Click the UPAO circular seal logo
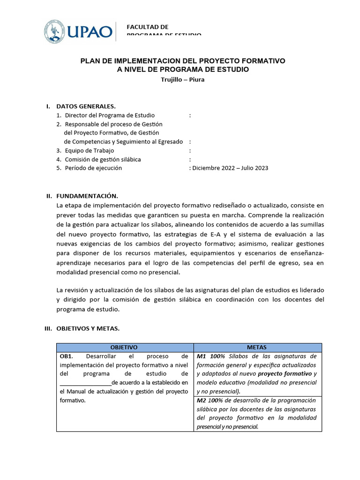tap(55, 31)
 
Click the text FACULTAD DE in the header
tap(147, 27)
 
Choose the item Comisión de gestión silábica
tap(103, 159)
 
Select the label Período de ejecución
tap(93, 168)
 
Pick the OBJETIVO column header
tap(124, 347)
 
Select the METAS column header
tap(256, 347)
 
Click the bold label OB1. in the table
tap(67, 356)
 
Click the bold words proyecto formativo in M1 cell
tap(285, 374)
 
